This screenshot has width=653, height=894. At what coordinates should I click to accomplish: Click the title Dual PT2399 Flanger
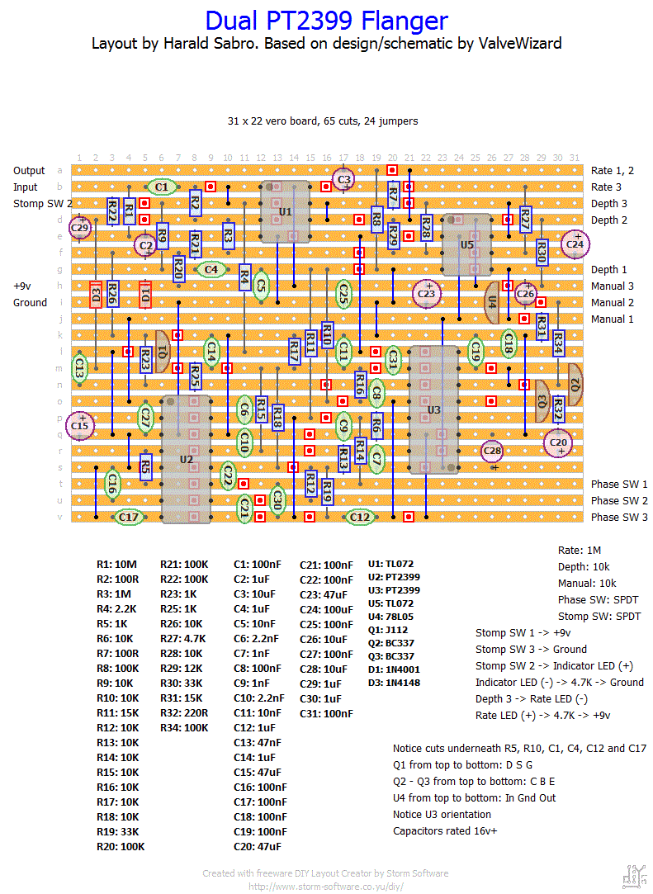coord(326,20)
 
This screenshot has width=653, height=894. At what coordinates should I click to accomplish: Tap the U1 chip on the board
coord(285,212)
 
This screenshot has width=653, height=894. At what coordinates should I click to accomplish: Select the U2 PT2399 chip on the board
coord(187,458)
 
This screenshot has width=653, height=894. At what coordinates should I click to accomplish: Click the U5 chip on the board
coord(467,244)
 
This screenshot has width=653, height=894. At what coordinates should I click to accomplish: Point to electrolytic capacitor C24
coord(575,244)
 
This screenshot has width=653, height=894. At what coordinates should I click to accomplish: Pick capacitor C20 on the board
coord(558,443)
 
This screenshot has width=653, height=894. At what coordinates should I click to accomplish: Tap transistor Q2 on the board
coord(575,384)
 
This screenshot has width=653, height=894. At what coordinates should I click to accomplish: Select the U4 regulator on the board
coord(493,301)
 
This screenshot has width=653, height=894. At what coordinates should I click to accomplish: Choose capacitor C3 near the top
coord(344,178)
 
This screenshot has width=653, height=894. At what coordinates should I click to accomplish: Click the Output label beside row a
coord(29,171)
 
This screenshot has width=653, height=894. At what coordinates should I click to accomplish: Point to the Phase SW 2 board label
coord(619,500)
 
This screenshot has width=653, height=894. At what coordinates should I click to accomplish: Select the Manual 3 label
coord(613,286)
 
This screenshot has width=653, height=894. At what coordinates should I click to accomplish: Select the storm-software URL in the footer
coord(326,886)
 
